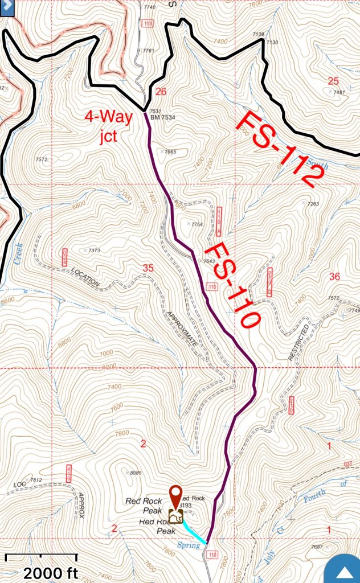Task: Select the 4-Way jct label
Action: [108, 124]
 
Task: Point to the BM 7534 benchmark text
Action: [163, 118]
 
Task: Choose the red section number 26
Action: [161, 91]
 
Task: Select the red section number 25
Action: [333, 80]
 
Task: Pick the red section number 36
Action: [334, 277]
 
